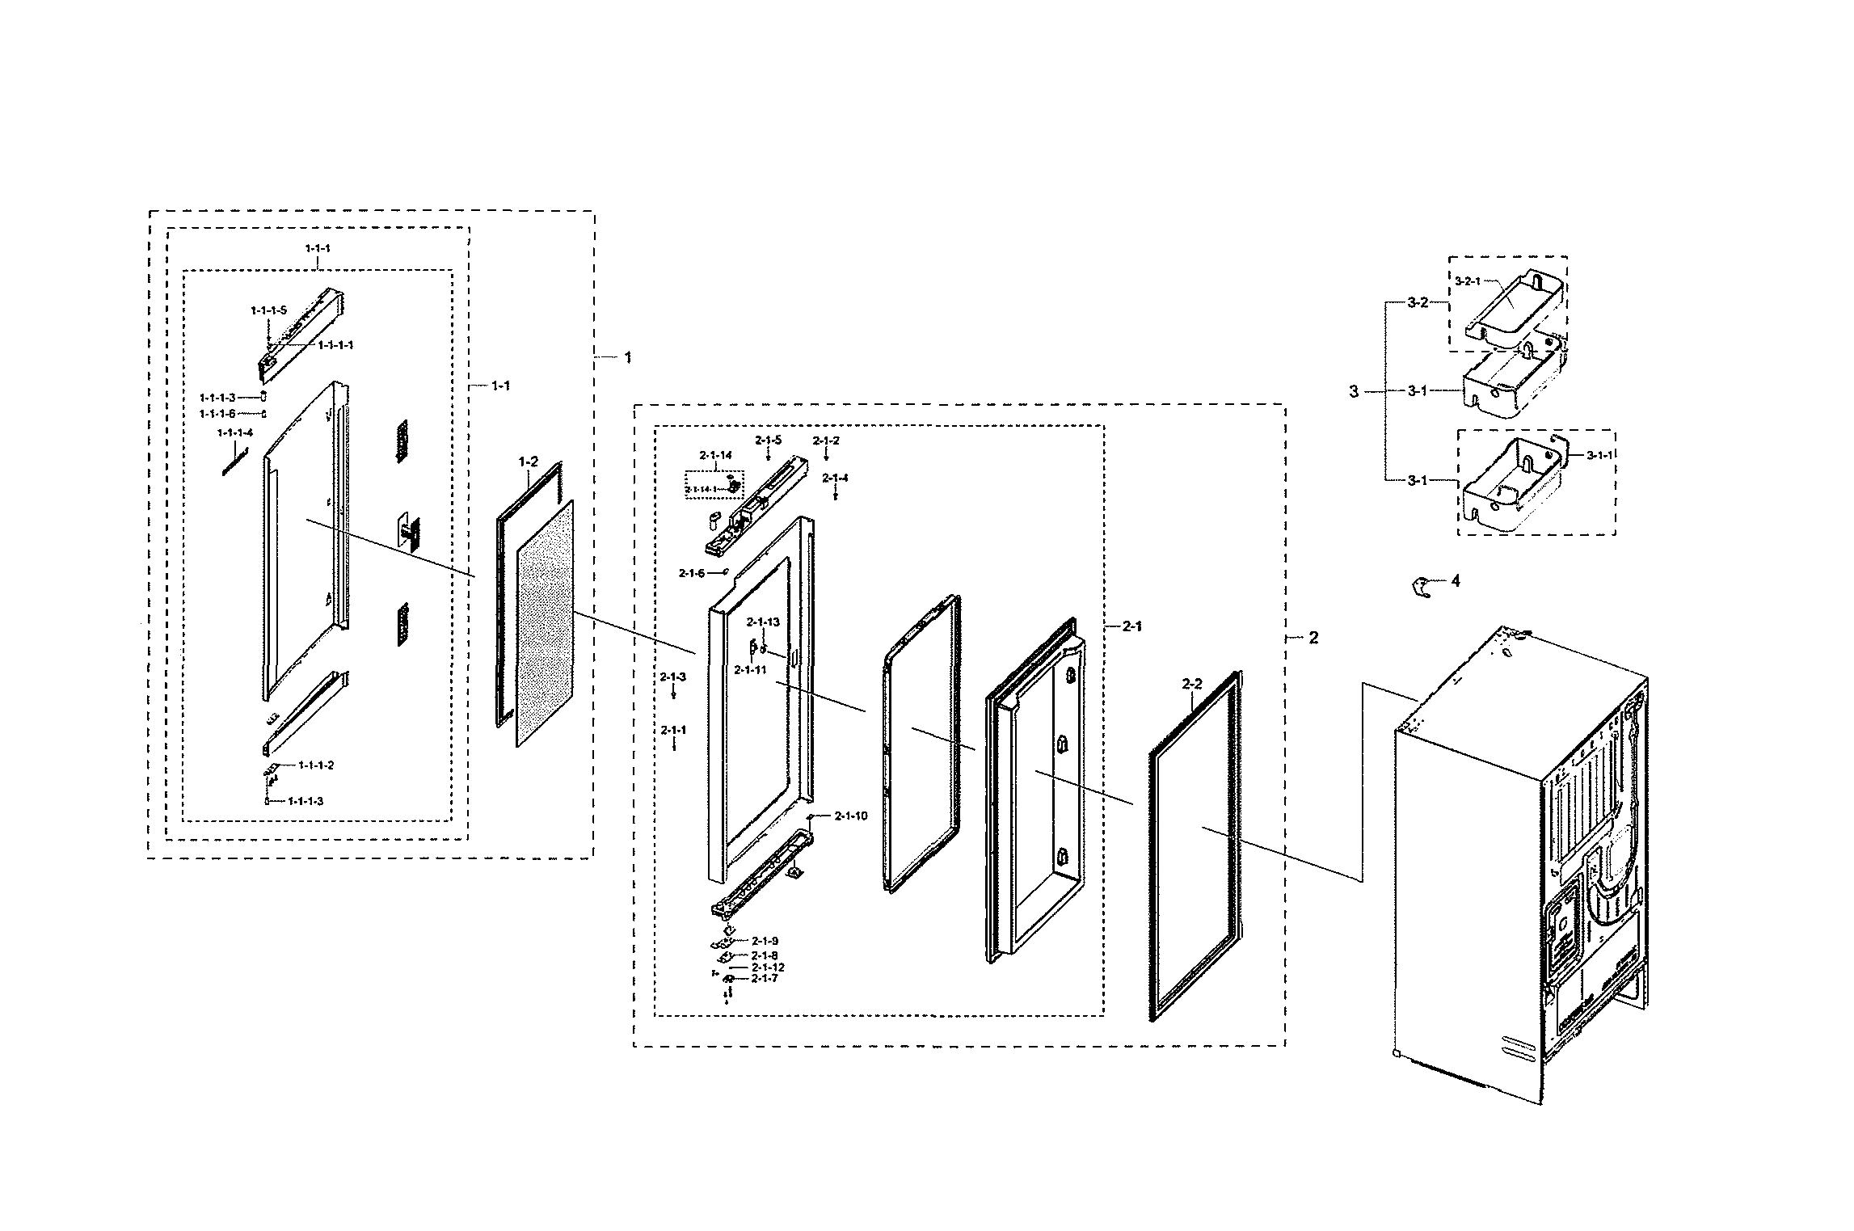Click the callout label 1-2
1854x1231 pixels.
coord(528,462)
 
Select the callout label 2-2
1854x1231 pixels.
coord(1192,684)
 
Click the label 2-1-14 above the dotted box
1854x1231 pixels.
coord(716,456)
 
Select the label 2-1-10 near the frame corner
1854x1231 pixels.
coord(851,816)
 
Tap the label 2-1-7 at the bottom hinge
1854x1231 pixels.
coord(765,978)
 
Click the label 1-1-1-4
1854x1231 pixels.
coord(235,432)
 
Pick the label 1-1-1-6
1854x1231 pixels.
coord(217,414)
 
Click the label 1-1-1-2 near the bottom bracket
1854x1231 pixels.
coord(316,765)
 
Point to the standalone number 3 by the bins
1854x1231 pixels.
coord(1354,392)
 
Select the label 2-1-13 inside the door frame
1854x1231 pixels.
coord(763,622)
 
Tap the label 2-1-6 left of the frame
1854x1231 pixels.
coord(692,573)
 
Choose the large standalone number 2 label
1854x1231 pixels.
coord(1313,638)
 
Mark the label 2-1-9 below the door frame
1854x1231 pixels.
coord(765,941)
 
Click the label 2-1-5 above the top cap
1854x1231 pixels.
coord(769,441)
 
